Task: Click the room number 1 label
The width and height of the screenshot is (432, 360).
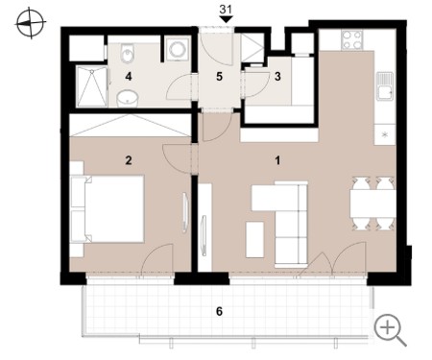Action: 277,160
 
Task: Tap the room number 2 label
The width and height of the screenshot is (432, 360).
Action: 129,160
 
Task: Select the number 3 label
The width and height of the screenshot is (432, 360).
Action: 277,76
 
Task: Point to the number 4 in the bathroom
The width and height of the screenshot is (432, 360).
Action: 129,77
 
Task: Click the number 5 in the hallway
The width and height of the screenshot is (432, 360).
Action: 219,77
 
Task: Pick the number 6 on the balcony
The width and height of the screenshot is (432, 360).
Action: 219,311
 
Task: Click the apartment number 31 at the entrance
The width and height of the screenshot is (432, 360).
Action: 226,10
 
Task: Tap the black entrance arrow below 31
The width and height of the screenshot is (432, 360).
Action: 227,19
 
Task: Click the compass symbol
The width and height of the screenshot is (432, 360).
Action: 31,23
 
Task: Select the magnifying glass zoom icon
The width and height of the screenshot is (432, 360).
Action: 390,329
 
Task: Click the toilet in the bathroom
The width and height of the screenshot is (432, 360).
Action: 128,53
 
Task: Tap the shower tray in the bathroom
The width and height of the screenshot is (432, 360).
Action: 92,86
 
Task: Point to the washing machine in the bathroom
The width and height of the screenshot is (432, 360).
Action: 177,48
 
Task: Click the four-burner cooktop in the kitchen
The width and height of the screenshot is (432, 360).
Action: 351,39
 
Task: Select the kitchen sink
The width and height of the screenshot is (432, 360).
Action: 385,86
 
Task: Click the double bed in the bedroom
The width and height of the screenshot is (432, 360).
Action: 108,208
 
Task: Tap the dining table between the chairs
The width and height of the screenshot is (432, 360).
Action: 372,204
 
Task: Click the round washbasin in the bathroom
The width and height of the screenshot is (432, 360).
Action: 128,98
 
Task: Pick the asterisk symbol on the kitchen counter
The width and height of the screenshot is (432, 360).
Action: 385,134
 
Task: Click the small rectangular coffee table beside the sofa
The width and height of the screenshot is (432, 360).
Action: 254,240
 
